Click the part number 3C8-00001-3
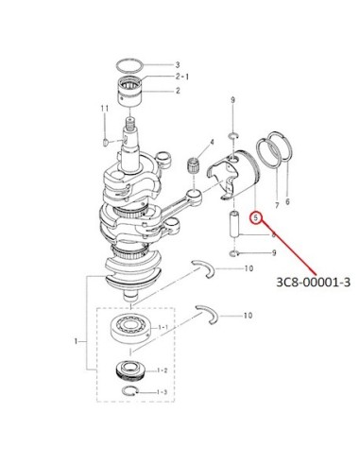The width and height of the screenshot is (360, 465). (313, 283)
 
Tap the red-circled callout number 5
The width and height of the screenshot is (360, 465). (256, 217)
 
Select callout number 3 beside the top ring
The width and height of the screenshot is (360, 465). (178, 65)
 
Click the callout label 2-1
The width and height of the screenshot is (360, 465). (182, 77)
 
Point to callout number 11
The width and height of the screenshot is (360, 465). (105, 109)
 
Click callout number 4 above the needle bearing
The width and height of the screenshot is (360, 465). (212, 142)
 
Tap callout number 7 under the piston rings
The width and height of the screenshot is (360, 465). (277, 205)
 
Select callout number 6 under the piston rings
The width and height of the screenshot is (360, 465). (287, 201)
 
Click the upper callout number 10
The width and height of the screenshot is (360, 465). (249, 268)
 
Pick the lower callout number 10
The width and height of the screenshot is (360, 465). (249, 315)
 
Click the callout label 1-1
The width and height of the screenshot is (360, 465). (163, 328)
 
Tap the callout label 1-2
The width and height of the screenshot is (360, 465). (163, 370)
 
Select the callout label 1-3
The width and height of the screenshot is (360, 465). (162, 392)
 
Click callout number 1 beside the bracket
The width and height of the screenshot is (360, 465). (76, 341)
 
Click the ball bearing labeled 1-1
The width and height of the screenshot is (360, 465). (131, 329)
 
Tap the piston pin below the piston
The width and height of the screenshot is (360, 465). (234, 224)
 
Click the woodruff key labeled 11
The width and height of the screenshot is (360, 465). (106, 143)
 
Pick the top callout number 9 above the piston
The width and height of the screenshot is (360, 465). (232, 100)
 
